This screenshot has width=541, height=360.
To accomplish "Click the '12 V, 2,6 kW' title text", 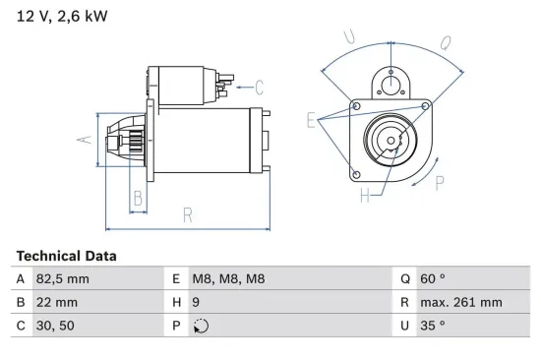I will coord(61,16).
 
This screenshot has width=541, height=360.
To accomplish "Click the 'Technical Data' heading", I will coord(66,256).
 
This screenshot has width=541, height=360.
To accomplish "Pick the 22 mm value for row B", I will coord(57,302).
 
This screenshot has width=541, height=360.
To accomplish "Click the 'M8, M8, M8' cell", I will coord(228,278).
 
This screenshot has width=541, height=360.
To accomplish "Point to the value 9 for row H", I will coord(198,302).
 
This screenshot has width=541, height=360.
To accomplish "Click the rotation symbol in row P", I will coord(201,326).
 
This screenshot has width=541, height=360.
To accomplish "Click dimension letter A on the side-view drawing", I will coord(86,139).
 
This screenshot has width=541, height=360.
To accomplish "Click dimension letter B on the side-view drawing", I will coord(138,198).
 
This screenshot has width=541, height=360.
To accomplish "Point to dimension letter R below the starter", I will coord(187,215).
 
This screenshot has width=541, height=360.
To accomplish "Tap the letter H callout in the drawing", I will coord(365,196).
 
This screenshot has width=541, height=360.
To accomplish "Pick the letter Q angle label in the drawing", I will coord(446,42).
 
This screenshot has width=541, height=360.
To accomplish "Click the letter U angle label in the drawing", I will coord(349,36).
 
